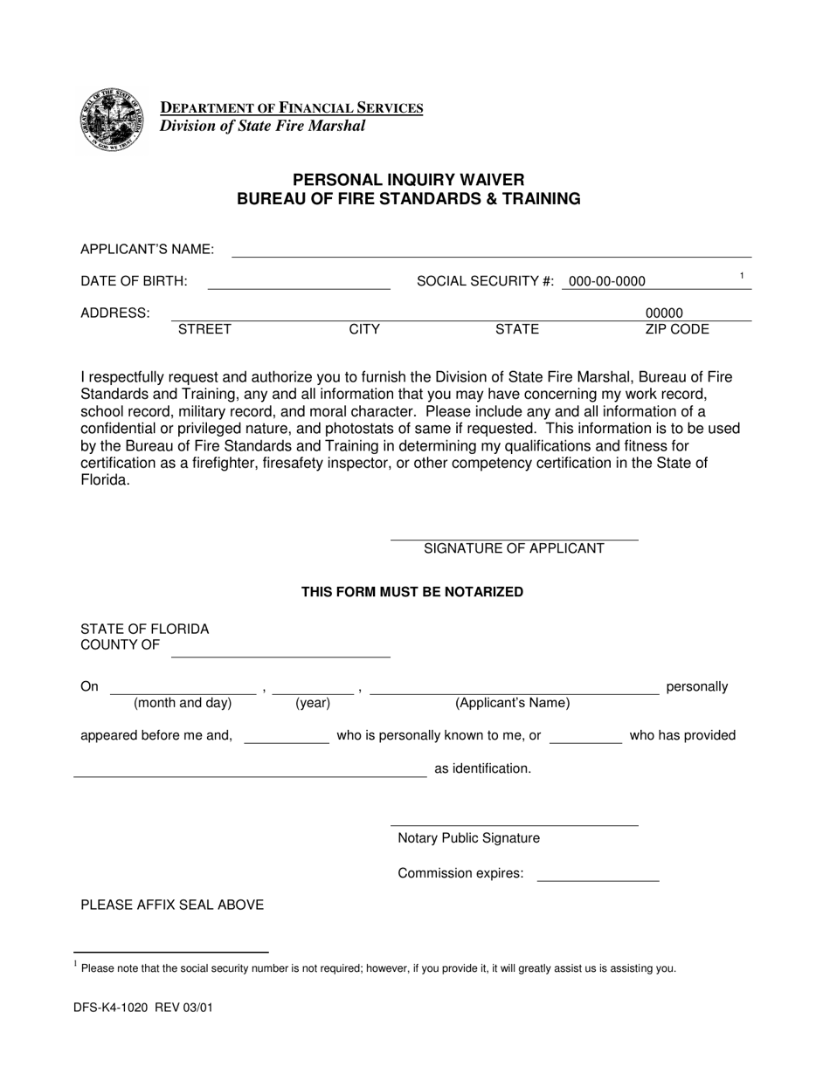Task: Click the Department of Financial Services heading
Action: pos(291,108)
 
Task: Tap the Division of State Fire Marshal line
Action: pos(262,126)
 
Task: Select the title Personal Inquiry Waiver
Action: pos(408,180)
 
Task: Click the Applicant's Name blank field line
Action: pos(491,251)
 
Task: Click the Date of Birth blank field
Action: pos(299,283)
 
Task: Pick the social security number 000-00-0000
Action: pos(607,281)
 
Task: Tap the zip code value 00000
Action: pos(664,313)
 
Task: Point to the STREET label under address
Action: pos(204,329)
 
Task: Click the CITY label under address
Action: pos(364,329)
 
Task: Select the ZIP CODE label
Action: pos(677,329)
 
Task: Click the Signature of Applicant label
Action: pos(514,548)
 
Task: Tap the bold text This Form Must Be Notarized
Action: pos(412,592)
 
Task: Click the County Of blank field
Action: pos(280,651)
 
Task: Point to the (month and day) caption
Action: pos(183,703)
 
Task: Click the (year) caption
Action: pos(313,703)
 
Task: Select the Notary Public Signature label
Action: pos(468,838)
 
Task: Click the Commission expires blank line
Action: pos(598,875)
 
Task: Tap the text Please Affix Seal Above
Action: pos(172,905)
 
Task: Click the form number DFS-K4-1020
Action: pos(112,1008)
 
